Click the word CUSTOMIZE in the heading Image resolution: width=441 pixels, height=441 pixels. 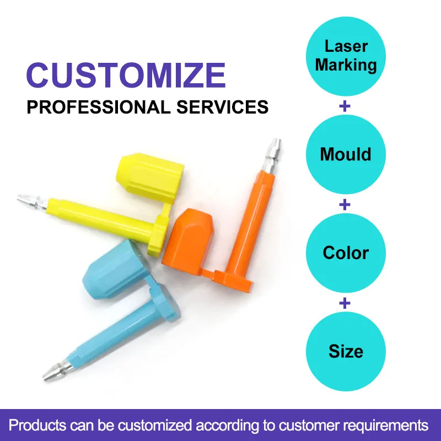126,75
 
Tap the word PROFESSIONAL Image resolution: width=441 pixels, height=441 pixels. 99,107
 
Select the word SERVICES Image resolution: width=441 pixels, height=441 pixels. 223,107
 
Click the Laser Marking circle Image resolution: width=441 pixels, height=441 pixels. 346,56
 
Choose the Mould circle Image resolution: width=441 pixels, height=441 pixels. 346,154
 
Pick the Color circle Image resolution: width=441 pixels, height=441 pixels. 346,253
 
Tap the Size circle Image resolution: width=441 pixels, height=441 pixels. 346,351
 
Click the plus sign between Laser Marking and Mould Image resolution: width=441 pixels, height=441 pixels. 345,106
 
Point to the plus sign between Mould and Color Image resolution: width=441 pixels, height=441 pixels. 345,205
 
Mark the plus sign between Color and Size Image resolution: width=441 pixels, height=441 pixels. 345,303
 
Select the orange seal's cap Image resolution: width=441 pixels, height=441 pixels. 188,241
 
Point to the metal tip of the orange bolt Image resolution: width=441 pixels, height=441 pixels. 272,156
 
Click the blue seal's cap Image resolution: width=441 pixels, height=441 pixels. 115,270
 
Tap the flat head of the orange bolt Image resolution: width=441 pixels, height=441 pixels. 233,280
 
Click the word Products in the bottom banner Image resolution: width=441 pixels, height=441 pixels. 37,425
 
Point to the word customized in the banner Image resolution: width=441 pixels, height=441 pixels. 154,425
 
